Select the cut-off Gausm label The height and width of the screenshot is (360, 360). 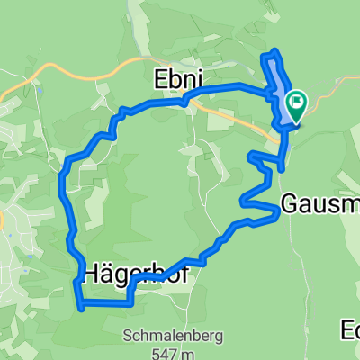tap(319, 204)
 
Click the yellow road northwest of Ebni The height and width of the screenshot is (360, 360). tap(72, 70)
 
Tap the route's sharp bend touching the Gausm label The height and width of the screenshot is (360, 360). tap(275, 213)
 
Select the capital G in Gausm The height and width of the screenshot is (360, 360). tap(290, 204)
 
